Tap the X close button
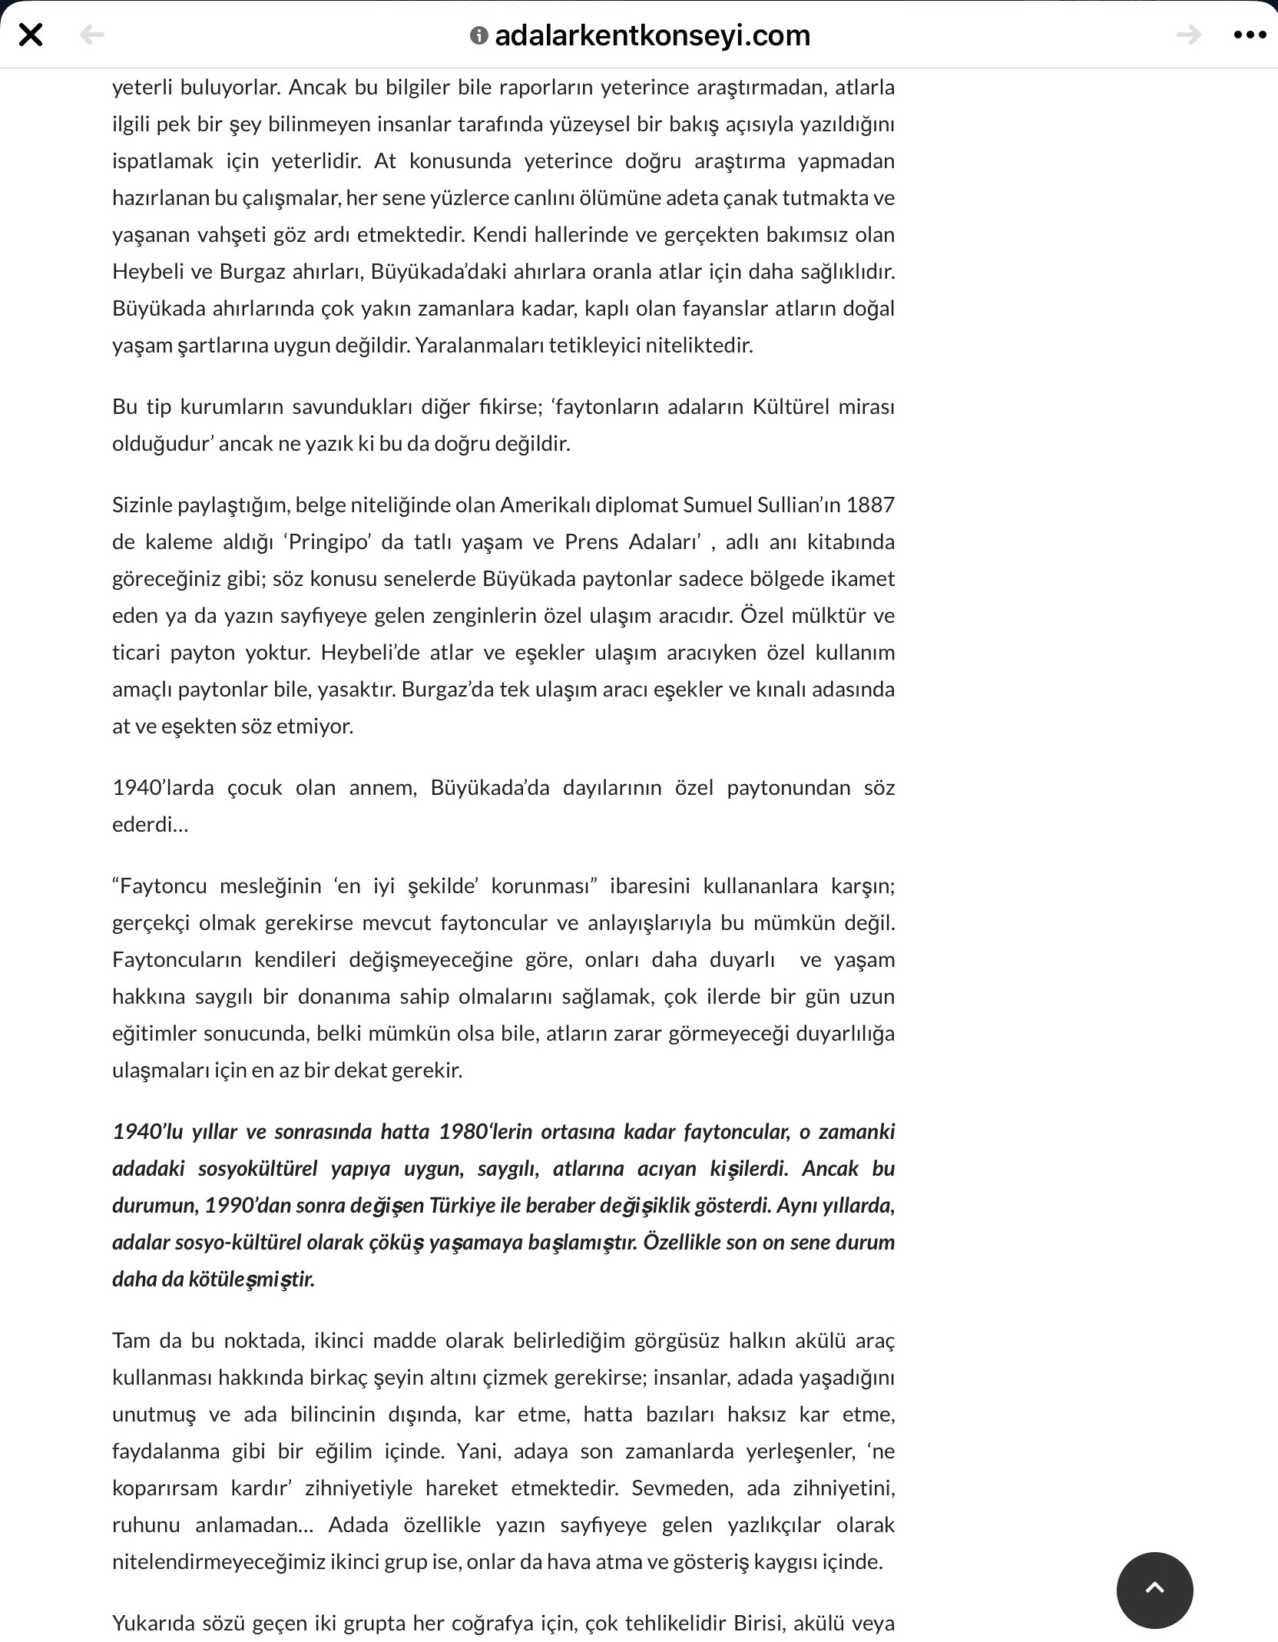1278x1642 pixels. (x=31, y=35)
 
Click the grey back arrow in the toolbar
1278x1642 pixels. (x=92, y=35)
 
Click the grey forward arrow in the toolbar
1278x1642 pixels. (x=1188, y=35)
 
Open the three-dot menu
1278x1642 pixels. (x=1249, y=35)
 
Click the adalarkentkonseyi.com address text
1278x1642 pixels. (x=652, y=35)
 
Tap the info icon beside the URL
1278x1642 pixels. (x=478, y=35)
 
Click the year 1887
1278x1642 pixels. (x=870, y=505)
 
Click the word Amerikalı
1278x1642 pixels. (x=545, y=505)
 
